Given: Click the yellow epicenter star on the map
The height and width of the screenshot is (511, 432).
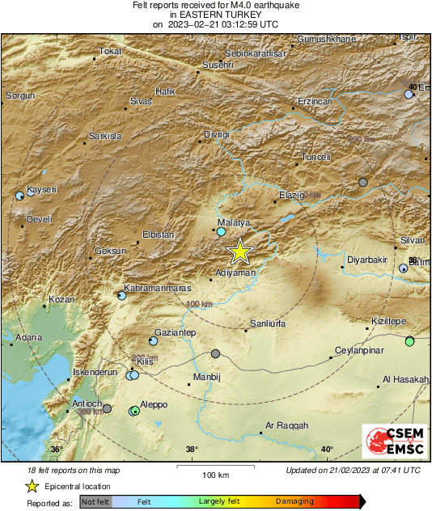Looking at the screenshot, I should (239, 252).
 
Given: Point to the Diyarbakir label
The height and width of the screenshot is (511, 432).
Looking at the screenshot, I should (367, 260).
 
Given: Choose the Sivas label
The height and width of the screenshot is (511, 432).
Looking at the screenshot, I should (141, 103).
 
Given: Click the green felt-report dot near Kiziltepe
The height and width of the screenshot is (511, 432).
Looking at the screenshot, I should (410, 341).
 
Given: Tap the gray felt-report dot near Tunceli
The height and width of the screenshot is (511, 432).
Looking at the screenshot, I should (363, 182).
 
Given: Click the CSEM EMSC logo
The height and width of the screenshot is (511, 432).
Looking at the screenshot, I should (394, 444).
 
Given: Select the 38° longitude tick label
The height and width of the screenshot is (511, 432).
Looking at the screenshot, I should (192, 450).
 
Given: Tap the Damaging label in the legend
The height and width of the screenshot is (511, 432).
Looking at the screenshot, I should (294, 501).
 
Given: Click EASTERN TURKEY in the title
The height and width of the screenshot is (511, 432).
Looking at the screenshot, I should (215, 15).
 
